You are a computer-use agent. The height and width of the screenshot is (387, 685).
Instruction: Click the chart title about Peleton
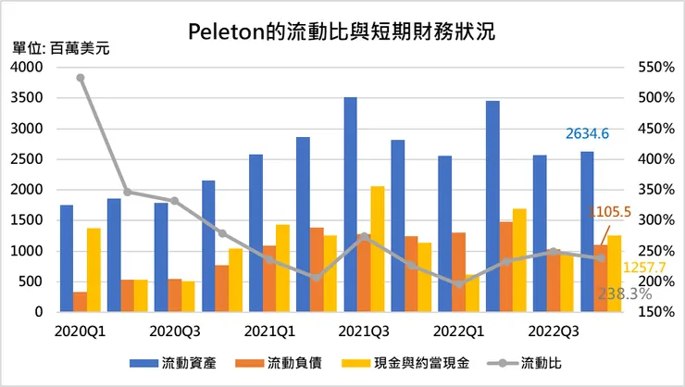pos(342,31)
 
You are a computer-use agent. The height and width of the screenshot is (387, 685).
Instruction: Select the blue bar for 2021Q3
pos(350,204)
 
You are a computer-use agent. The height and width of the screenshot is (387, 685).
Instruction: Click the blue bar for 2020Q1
pos(67,258)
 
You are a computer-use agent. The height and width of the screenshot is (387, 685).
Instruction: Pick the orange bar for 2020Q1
pos(81,302)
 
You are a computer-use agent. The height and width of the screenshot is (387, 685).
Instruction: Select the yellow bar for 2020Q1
pos(93,269)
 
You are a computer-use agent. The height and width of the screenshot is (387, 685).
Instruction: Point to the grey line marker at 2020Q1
pos(81,78)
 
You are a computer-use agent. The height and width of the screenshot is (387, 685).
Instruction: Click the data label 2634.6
pos(587,134)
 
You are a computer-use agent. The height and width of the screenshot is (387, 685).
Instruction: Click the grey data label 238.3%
pos(626,293)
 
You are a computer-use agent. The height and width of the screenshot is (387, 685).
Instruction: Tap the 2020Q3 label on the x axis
pos(175,330)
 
